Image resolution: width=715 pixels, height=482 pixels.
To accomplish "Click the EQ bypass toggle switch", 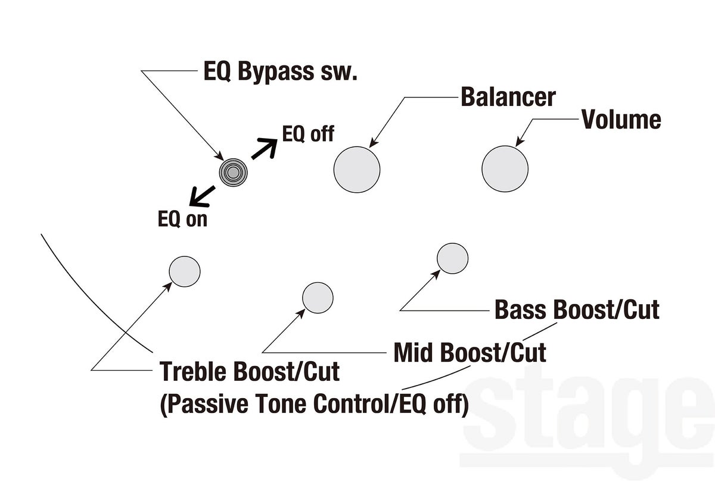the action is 234,173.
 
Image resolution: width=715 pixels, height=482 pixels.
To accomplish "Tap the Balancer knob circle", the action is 357,170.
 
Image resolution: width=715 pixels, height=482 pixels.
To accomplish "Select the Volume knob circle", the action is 505,169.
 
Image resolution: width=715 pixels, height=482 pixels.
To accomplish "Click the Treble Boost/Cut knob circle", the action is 185,271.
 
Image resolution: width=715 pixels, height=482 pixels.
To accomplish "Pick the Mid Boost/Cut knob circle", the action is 318,298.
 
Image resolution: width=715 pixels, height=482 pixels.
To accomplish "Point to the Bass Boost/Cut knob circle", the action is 453,258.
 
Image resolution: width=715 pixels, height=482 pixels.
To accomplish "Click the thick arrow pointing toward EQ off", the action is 265,148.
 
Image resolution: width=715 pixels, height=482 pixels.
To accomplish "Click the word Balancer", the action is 508,97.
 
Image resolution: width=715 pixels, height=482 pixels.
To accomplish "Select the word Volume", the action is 621,119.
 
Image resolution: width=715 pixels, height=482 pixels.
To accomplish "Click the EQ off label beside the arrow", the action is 308,133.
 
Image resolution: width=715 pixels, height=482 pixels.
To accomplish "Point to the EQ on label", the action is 182,219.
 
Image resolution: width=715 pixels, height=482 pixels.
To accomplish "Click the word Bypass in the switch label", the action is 276,72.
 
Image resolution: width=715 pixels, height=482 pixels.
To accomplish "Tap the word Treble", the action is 194,371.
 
